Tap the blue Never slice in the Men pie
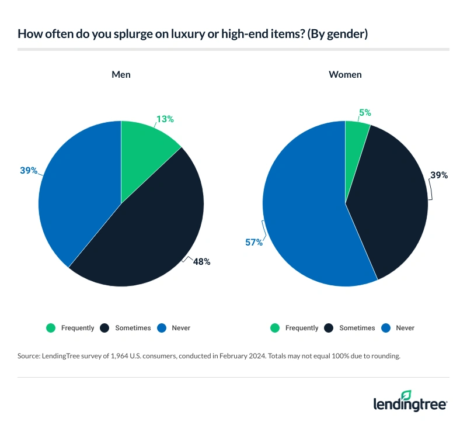point(76,193)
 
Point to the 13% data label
point(165,119)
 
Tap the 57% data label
point(253,242)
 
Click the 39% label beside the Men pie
point(29,171)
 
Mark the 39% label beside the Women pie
point(438,175)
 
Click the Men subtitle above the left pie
point(121,75)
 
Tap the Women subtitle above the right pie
point(345,75)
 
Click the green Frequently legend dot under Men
point(51,328)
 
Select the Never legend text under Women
point(405,328)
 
